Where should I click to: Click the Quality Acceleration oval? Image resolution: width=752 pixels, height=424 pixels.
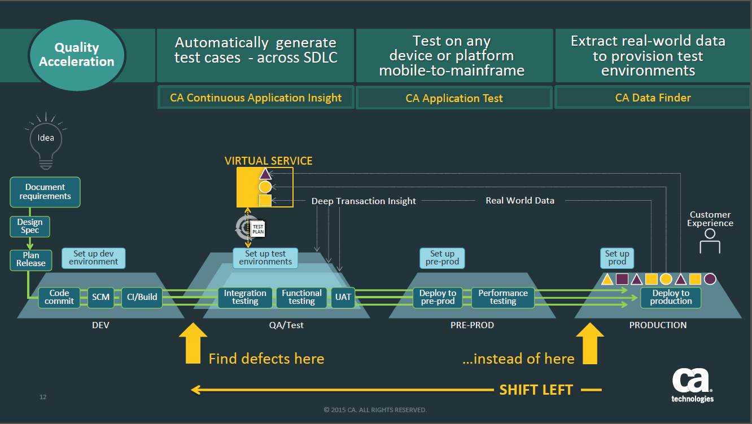[77, 55]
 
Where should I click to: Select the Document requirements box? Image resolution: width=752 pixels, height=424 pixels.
[45, 192]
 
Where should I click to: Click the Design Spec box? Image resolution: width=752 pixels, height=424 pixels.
[30, 227]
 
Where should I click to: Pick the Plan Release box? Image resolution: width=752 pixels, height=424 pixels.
[31, 259]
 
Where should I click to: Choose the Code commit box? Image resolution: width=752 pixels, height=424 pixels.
[59, 297]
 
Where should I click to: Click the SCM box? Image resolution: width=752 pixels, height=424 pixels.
[101, 297]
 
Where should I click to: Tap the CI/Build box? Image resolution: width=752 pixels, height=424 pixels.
[142, 297]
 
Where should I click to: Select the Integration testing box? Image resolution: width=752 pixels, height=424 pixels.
[245, 297]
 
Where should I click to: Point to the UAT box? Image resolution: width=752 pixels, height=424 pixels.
[343, 297]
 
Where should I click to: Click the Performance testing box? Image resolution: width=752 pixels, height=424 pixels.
[503, 297]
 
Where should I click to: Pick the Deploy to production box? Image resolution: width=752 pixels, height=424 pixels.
[671, 297]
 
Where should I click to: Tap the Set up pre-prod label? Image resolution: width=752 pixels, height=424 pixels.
[442, 258]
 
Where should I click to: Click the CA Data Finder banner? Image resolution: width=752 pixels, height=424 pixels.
[653, 98]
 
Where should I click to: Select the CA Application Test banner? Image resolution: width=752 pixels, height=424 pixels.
[454, 98]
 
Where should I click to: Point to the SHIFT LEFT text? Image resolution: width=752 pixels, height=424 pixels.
[536, 390]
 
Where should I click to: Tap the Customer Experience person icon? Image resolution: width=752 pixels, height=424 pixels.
[710, 241]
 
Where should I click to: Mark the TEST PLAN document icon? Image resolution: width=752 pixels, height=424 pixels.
[257, 228]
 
